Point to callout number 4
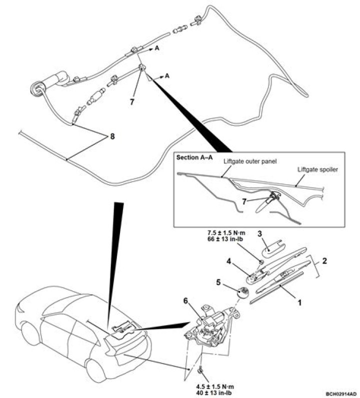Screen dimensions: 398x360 [x=228, y=261]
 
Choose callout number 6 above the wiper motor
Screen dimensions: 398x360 [x=185, y=301]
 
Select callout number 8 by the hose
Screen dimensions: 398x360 [x=112, y=136]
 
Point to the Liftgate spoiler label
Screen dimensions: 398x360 [x=317, y=170]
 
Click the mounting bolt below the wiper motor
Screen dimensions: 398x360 [x=200, y=370]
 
